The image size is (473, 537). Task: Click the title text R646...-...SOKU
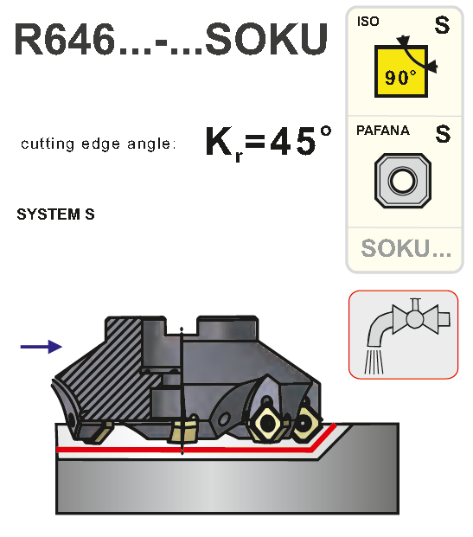171,40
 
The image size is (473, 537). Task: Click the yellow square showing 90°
400,71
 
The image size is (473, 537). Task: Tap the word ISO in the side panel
368,22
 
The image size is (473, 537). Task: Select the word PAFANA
382,131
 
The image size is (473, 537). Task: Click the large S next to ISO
442,25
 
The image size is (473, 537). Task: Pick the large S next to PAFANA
443,134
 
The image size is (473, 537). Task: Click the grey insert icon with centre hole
403,181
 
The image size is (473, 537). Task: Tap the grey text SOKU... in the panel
406,248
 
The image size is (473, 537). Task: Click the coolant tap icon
404,335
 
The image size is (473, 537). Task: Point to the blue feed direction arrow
42,347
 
